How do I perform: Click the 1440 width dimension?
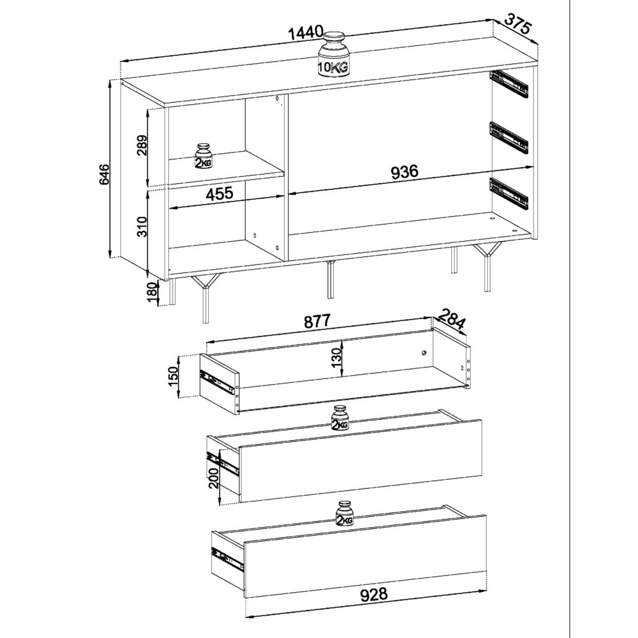click(x=306, y=32)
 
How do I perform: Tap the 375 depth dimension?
click(x=518, y=24)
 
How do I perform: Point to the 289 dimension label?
click(x=142, y=145)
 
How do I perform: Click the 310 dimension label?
click(x=142, y=226)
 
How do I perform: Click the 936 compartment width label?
click(x=404, y=172)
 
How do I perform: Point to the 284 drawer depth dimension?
click(x=451, y=318)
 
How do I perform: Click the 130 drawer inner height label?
click(x=336, y=358)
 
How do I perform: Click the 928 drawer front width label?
click(x=374, y=595)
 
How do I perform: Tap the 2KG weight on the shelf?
click(x=203, y=156)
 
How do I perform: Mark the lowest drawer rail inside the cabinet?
click(x=508, y=194)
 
